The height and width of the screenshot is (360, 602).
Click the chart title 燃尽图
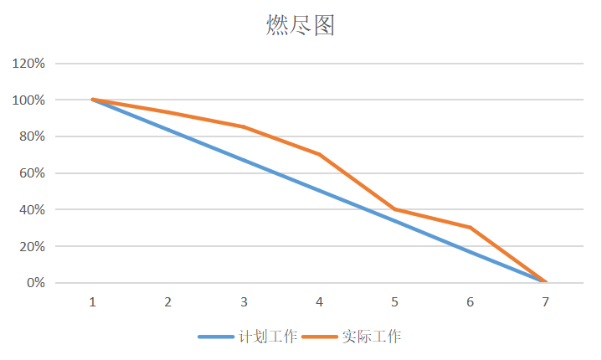click(301, 26)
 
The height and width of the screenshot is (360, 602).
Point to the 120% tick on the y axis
click(28, 64)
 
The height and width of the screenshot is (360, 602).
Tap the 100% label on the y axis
click(28, 100)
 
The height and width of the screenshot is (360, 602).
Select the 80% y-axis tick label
click(31, 136)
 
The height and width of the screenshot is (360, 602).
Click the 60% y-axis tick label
click(31, 173)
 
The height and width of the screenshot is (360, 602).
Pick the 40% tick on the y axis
click(31, 209)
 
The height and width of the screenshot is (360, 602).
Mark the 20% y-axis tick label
click(31, 246)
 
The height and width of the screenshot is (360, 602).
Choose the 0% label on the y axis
click(34, 283)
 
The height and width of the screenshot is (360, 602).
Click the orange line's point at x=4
click(319, 154)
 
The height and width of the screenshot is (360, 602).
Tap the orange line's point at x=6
click(470, 227)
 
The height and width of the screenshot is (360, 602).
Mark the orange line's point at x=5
click(394, 209)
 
